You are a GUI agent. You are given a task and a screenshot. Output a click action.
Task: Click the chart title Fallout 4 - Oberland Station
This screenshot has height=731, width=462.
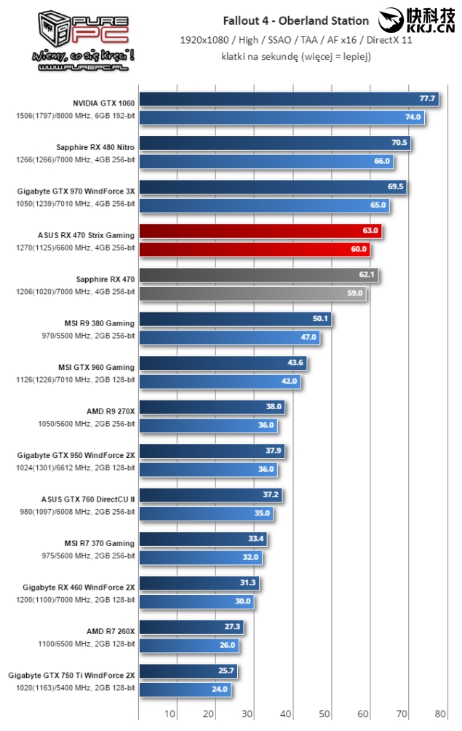pyautogui.click(x=296, y=20)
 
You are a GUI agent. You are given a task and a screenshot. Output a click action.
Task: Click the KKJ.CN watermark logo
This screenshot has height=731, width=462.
pyautogui.click(x=416, y=21)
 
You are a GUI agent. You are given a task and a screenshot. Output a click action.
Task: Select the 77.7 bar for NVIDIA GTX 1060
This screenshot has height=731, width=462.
pyautogui.click(x=288, y=99)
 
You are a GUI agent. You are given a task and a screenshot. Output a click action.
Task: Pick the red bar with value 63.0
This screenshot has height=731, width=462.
pyautogui.click(x=260, y=232)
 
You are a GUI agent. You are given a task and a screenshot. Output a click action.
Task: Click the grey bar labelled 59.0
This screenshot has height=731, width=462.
pyautogui.click(x=252, y=293)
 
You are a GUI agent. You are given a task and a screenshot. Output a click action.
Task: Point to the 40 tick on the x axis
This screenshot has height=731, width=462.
pyautogui.click(x=287, y=713)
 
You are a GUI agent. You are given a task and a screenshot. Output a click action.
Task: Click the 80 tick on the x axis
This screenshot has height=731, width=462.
pyautogui.click(x=440, y=713)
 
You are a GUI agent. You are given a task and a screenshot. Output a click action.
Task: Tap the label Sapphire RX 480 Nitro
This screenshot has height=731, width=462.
pyautogui.click(x=95, y=147)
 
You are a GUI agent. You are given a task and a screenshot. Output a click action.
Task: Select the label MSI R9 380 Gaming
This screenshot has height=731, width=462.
pyautogui.click(x=100, y=323)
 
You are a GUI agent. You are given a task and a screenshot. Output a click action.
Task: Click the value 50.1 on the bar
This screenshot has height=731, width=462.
pyautogui.click(x=321, y=319)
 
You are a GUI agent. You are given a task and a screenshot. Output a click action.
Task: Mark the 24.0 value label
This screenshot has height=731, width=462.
pyautogui.click(x=220, y=689)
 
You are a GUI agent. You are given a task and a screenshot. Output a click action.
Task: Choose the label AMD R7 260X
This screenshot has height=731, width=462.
pyautogui.click(x=111, y=631)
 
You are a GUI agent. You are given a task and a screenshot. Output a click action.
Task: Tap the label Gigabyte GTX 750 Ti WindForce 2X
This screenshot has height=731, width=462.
pyautogui.click(x=71, y=675)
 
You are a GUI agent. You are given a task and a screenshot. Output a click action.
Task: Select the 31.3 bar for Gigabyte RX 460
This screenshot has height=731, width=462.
pyautogui.click(x=199, y=583)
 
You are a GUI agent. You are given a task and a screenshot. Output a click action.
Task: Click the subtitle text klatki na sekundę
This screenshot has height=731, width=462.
pyautogui.click(x=296, y=55)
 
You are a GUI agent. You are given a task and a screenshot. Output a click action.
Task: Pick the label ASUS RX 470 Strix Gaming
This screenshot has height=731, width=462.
pyautogui.click(x=86, y=235)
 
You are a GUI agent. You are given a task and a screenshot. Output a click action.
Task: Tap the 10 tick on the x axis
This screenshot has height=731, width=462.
pyautogui.click(x=171, y=713)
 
